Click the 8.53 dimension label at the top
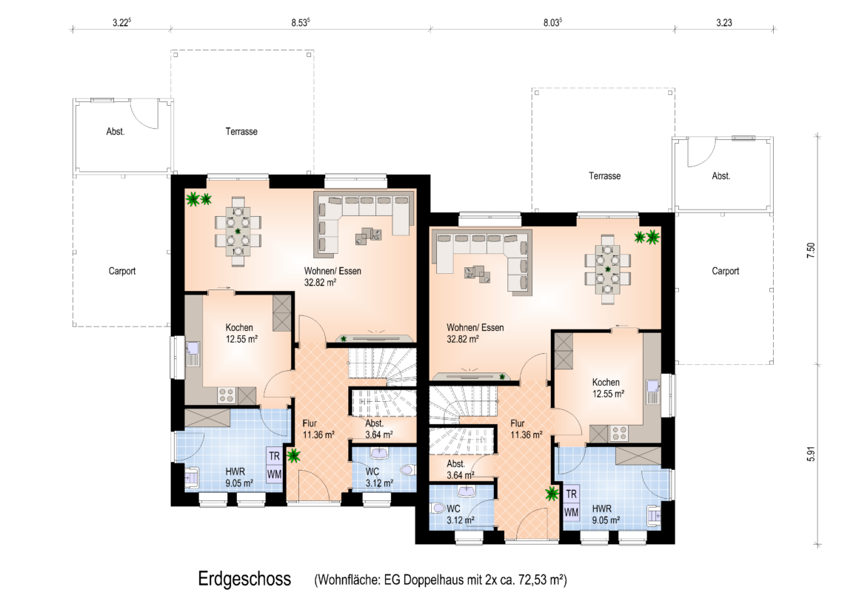click(x=300, y=22)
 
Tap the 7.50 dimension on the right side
click(x=812, y=250)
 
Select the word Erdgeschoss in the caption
click(x=244, y=579)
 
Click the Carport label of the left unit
click(x=121, y=271)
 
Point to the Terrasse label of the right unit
click(x=605, y=176)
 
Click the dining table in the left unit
click(x=238, y=231)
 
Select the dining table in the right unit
click(x=607, y=269)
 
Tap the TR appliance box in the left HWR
click(x=274, y=456)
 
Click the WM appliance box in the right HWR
click(x=571, y=513)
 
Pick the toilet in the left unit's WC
click(x=408, y=470)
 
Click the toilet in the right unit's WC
click(x=438, y=508)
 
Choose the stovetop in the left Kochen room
click(x=227, y=395)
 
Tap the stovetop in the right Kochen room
click(x=619, y=434)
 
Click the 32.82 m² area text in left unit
click(x=320, y=283)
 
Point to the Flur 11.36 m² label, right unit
click(x=526, y=429)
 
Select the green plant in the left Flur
click(x=294, y=455)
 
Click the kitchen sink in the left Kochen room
click(x=193, y=353)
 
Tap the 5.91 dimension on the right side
click(x=812, y=455)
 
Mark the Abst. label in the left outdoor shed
click(x=116, y=132)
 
